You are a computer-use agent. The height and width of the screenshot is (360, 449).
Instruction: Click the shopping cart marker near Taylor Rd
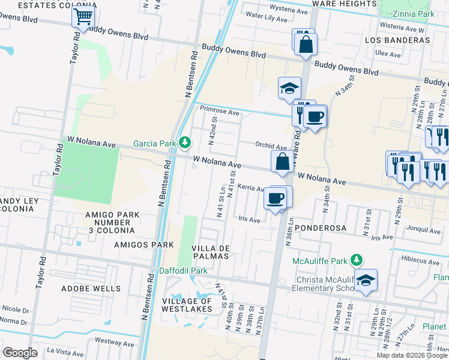pos(83,16)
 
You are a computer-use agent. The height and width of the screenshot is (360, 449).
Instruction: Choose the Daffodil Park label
pos(183,271)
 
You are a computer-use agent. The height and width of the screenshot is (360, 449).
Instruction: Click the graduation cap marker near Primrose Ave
pos(289,88)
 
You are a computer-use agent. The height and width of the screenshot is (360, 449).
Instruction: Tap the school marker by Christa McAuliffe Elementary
pos(365,280)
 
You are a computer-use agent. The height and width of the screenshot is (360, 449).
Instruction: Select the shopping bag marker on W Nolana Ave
pos(282,161)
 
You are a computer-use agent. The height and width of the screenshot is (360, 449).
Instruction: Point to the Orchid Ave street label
pos(271,146)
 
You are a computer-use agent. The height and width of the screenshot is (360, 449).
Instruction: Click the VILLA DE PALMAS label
pos(210,252)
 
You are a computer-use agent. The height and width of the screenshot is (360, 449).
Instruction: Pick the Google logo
pos(20,353)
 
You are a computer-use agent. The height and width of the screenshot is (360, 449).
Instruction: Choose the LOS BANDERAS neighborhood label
pos(397,40)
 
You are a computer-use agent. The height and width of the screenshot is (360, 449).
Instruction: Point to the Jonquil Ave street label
pos(423,230)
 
